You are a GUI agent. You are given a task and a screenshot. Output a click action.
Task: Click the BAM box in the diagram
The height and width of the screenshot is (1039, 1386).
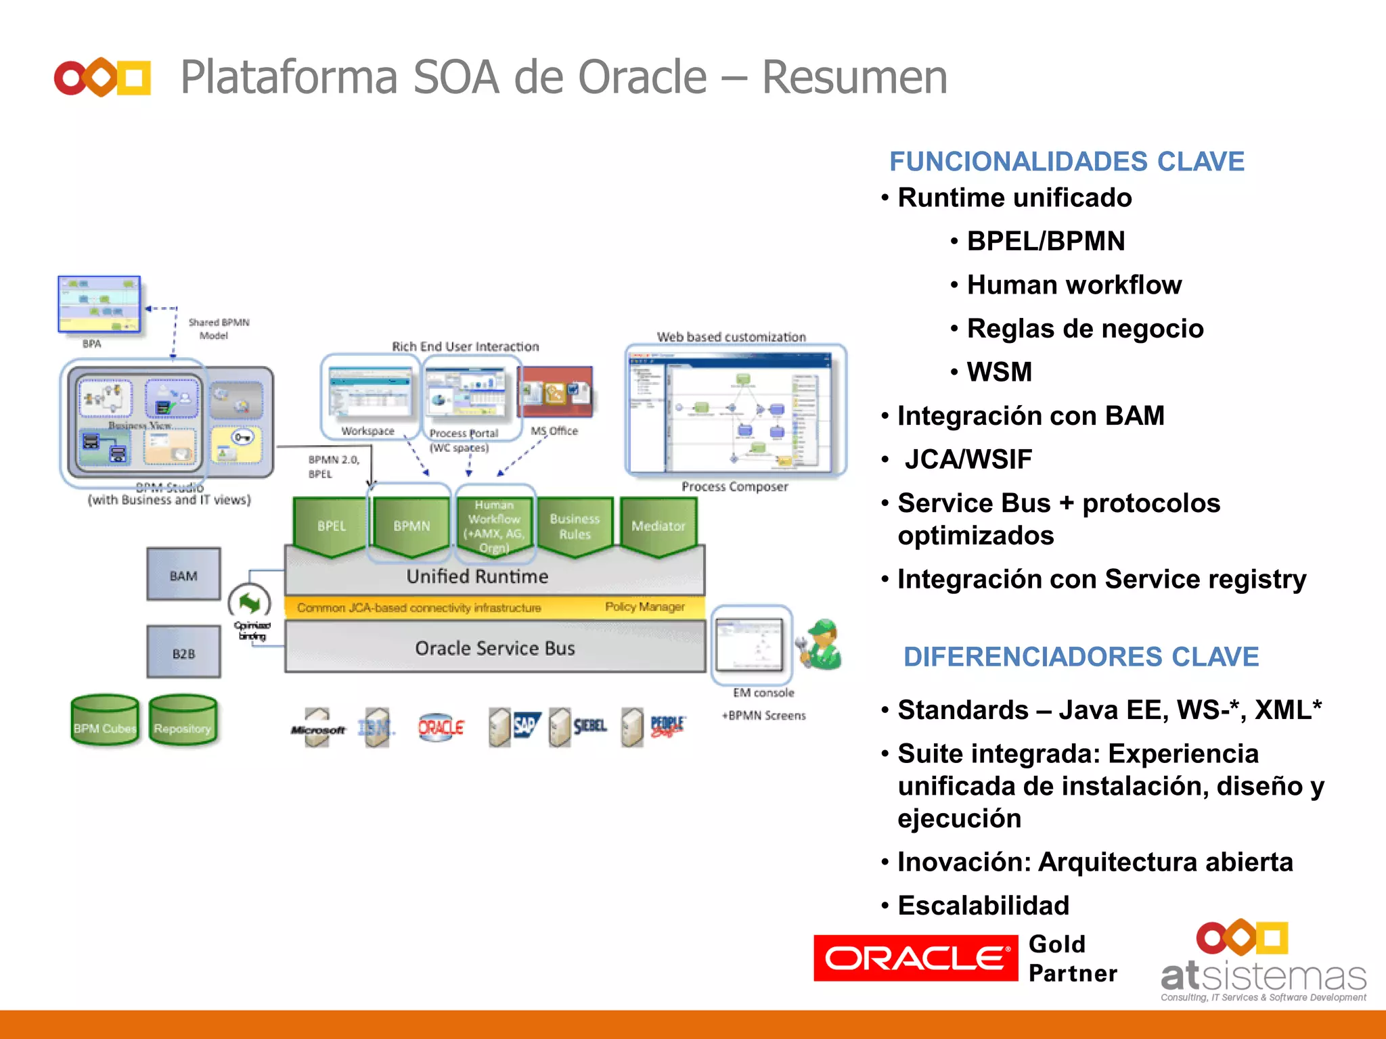[183, 575]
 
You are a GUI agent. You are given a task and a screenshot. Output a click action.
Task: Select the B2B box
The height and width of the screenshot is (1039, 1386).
[183, 652]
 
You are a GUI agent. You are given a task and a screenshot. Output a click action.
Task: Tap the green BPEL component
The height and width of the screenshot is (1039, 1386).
[331, 526]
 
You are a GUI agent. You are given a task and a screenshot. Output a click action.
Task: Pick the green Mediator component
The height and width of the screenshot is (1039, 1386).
[658, 526]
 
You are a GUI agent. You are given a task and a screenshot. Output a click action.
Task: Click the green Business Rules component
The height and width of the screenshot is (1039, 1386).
[575, 526]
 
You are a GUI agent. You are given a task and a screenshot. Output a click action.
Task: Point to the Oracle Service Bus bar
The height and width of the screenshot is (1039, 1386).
[495, 647]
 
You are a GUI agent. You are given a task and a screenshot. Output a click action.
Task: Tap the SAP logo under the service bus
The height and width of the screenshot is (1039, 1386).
[526, 726]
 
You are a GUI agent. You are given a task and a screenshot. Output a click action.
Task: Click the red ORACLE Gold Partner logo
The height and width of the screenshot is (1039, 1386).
[915, 958]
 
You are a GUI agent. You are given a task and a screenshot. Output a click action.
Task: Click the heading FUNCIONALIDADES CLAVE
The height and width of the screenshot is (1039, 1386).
[1067, 162]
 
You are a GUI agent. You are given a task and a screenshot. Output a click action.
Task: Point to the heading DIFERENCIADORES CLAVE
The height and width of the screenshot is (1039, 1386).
[1081, 657]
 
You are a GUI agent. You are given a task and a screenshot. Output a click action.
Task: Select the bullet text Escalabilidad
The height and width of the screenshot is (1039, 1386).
[983, 905]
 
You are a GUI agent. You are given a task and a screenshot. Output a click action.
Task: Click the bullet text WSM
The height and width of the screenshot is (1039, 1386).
[999, 372]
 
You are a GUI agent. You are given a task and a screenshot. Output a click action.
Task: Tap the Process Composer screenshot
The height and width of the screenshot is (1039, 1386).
[735, 411]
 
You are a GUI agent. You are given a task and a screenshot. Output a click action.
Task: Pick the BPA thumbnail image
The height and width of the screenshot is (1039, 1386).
[99, 304]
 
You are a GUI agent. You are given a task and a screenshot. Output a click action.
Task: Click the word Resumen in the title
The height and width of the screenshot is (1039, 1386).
[854, 77]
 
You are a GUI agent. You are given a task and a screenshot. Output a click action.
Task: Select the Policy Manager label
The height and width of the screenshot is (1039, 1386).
[644, 607]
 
